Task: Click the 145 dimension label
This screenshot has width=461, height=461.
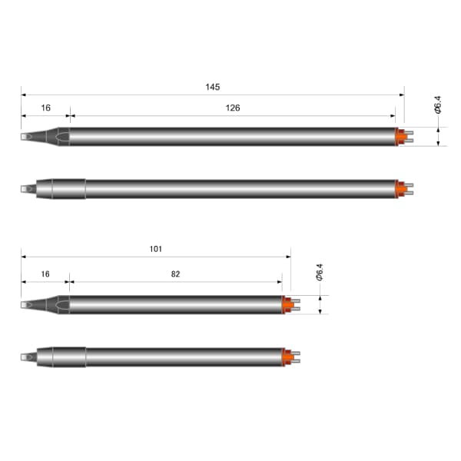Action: click(x=213, y=87)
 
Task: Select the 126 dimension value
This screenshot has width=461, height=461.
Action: click(x=233, y=108)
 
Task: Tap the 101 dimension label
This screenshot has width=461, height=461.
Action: click(x=156, y=249)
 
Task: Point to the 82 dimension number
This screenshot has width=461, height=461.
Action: click(x=175, y=274)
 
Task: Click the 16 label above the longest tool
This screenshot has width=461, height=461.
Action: click(x=45, y=108)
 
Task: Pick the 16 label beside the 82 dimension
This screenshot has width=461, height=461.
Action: click(x=45, y=274)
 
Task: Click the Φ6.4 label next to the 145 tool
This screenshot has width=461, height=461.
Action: click(x=438, y=104)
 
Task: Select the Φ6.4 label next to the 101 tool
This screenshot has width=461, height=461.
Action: click(x=320, y=272)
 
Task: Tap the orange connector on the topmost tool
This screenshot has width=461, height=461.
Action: click(x=401, y=137)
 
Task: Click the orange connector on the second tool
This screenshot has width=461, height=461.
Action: click(x=401, y=189)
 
